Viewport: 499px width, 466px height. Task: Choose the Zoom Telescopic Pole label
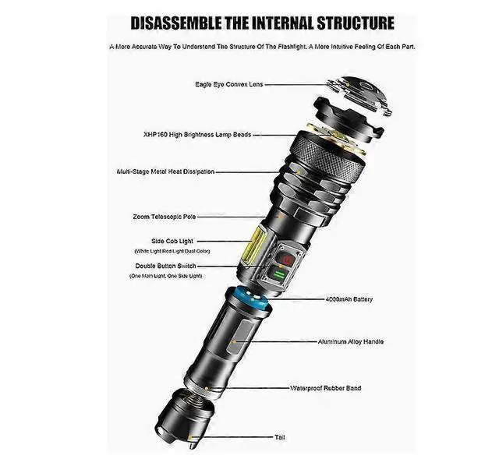(x=186, y=216)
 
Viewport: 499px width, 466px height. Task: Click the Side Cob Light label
(x=172, y=242)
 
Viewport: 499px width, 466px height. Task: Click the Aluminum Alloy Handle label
(x=351, y=341)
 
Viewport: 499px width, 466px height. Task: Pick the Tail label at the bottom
(x=278, y=437)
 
